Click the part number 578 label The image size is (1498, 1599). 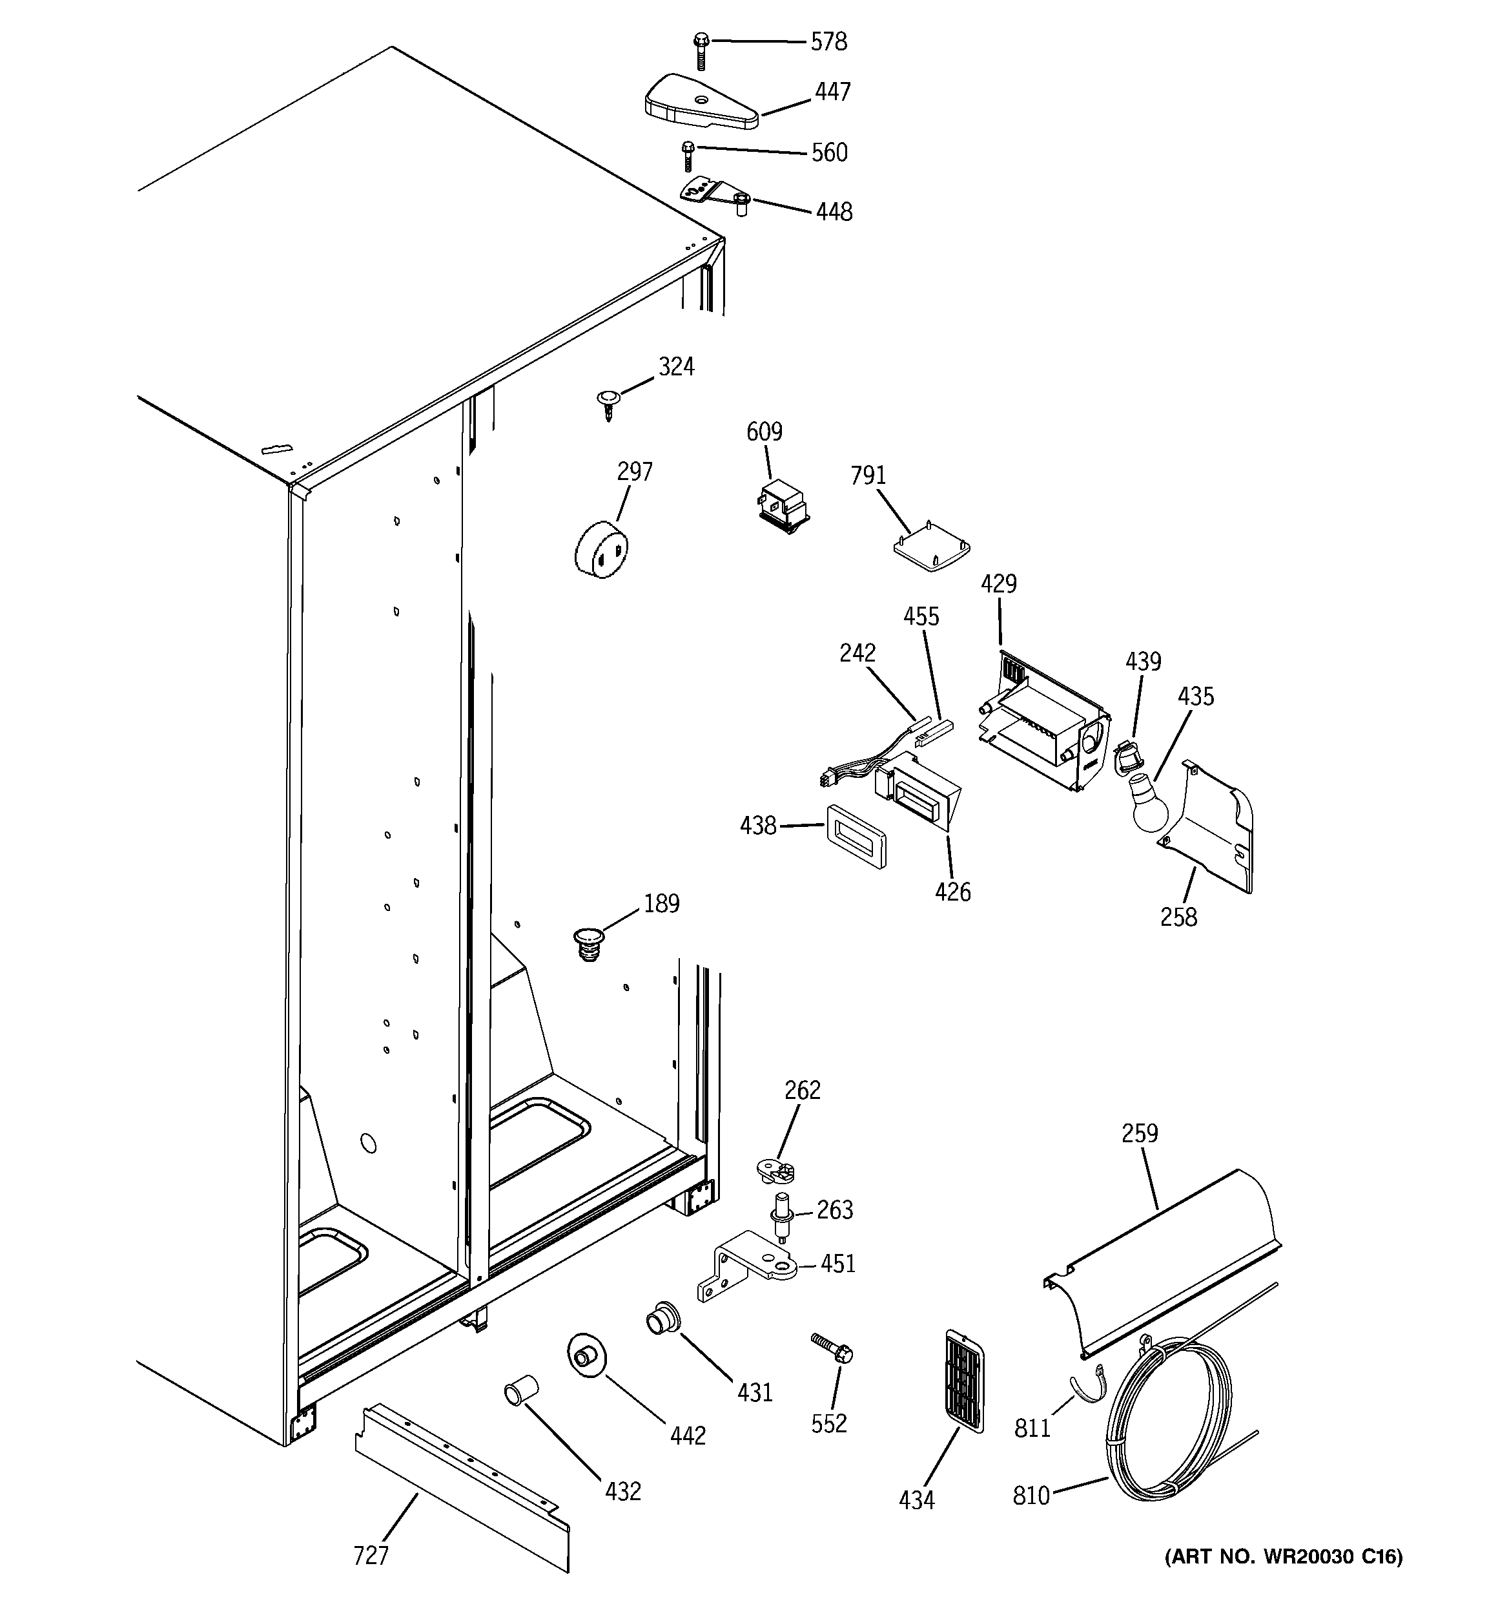(828, 42)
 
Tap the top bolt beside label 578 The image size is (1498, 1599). (701, 50)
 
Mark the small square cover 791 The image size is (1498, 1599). (932, 549)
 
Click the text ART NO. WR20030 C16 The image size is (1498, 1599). (1284, 1579)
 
